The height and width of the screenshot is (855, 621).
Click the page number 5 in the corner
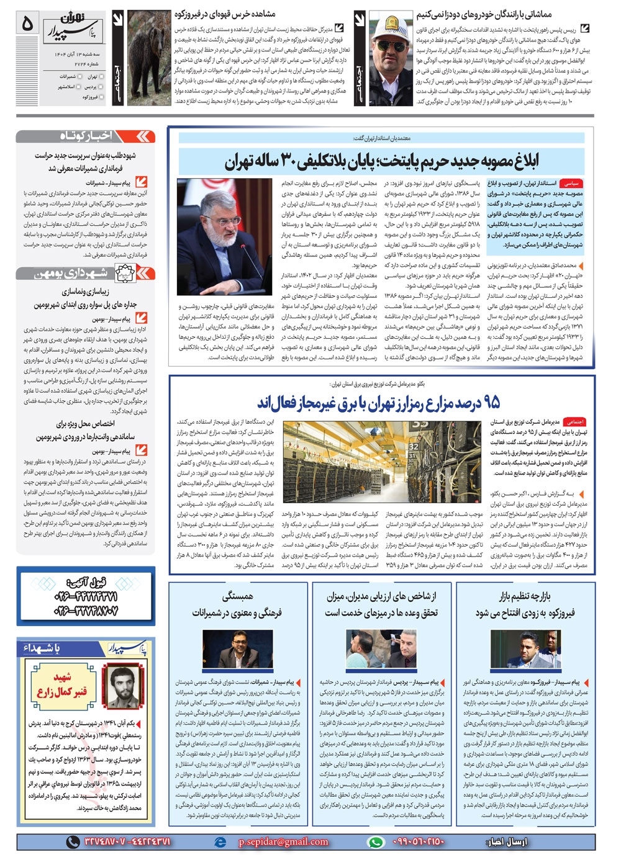tap(27, 24)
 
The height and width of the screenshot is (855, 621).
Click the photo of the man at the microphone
tap(224, 236)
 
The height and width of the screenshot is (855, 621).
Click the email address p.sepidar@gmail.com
tap(283, 841)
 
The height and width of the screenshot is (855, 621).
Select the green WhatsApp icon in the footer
tap(376, 841)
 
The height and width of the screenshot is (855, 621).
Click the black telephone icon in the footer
tap(73, 841)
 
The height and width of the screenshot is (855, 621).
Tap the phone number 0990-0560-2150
tap(419, 841)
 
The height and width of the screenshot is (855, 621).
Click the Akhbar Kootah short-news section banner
tap(85, 137)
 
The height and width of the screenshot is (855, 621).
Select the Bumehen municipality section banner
tap(85, 274)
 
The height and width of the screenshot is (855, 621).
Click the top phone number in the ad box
tap(85, 597)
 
